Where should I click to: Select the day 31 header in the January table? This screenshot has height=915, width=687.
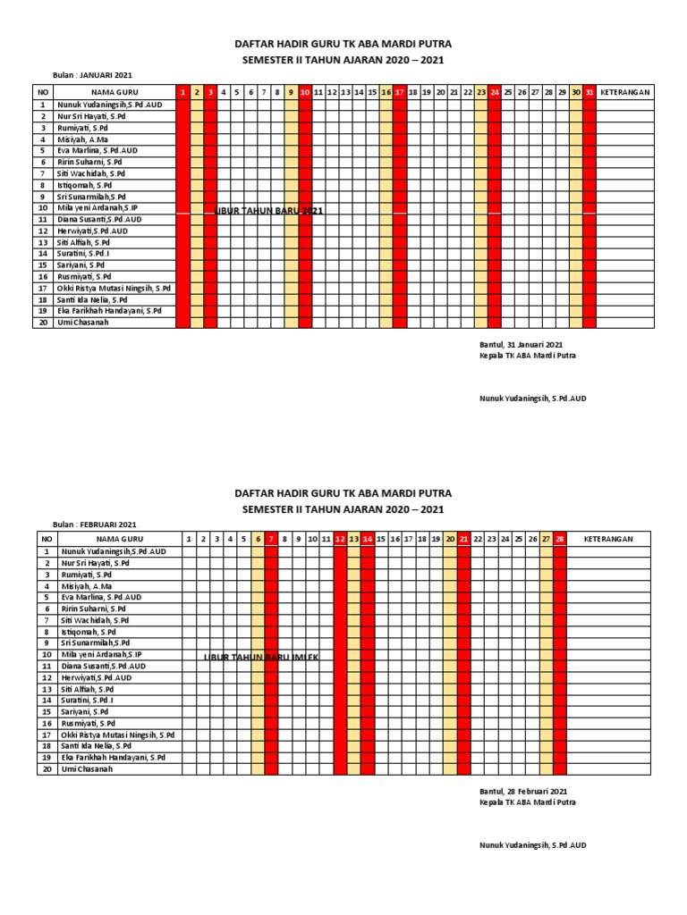coord(589,92)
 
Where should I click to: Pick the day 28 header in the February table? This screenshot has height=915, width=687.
coord(560,539)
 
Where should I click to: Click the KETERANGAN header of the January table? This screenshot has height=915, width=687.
coord(624,92)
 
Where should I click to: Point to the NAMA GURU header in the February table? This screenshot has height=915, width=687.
coord(120,539)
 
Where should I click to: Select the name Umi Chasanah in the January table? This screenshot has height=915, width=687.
coord(83,323)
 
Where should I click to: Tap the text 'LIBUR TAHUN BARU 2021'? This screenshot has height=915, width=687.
coord(268,211)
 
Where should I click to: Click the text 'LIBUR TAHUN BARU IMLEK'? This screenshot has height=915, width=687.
coord(261,658)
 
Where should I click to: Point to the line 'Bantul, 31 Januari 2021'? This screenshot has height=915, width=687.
coord(522,344)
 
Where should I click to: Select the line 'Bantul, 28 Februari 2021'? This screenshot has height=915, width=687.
coord(523,791)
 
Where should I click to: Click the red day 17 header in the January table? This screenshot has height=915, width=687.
coord(400,92)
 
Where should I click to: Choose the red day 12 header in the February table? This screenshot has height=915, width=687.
coord(340,539)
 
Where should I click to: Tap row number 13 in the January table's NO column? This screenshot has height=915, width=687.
coord(42,242)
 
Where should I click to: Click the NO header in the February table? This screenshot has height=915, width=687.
coord(45,539)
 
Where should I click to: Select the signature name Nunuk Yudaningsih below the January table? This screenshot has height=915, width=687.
coord(533,398)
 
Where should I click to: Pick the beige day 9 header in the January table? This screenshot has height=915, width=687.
coord(291,92)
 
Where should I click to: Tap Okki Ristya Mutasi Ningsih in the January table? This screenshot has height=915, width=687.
coord(114,289)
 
